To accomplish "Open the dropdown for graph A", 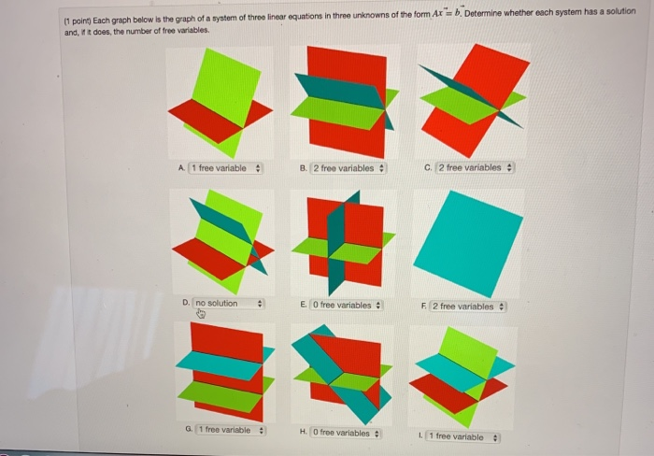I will pyautogui.click(x=225, y=168).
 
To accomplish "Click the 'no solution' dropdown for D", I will pyautogui.click(x=229, y=304).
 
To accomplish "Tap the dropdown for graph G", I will pyautogui.click(x=227, y=430).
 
